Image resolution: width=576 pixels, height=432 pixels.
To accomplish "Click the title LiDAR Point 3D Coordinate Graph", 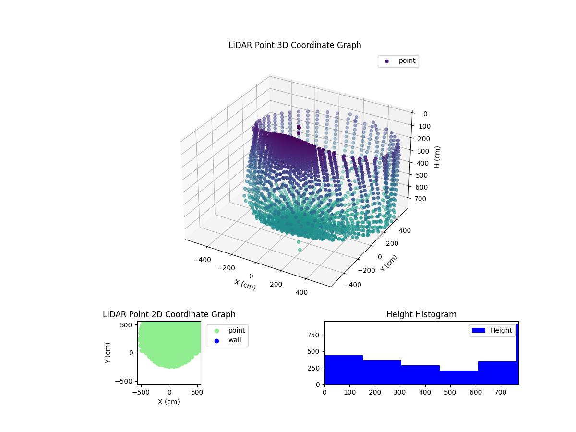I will click(295, 45).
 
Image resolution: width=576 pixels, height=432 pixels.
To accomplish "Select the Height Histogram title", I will click(421, 314).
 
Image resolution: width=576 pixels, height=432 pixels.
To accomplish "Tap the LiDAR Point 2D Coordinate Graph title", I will click(169, 314).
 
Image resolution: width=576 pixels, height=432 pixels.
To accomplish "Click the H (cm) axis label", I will click(437, 157).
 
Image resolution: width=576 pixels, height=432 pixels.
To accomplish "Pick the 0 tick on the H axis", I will click(425, 114).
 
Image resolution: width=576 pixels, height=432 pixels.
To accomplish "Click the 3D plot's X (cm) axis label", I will click(245, 285).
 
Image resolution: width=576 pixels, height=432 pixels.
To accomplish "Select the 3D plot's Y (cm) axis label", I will click(389, 264).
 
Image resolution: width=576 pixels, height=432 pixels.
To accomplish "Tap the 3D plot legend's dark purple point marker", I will click(387, 61).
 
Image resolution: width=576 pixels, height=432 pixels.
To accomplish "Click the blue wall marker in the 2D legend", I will click(216, 340).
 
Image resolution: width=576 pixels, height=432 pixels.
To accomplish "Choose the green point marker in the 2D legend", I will click(216, 330).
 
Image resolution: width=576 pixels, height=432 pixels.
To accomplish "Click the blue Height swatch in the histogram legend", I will click(479, 330).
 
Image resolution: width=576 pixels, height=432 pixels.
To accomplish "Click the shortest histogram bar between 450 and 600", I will click(458, 377).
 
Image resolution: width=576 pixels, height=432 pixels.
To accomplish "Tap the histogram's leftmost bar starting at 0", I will click(344, 370).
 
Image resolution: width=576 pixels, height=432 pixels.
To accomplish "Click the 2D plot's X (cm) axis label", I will click(169, 402).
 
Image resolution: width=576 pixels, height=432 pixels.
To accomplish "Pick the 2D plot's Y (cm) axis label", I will click(108, 352).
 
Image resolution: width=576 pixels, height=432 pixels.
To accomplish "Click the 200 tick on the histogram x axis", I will click(375, 392).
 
